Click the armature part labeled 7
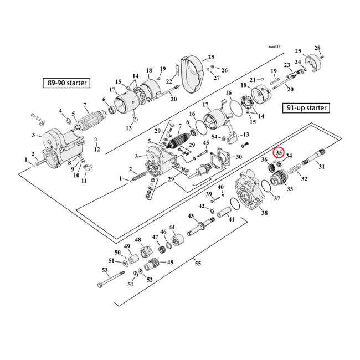point(87,120)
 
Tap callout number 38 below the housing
point(264,213)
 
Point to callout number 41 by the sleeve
point(232,219)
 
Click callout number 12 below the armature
point(97,150)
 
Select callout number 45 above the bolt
point(205,143)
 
